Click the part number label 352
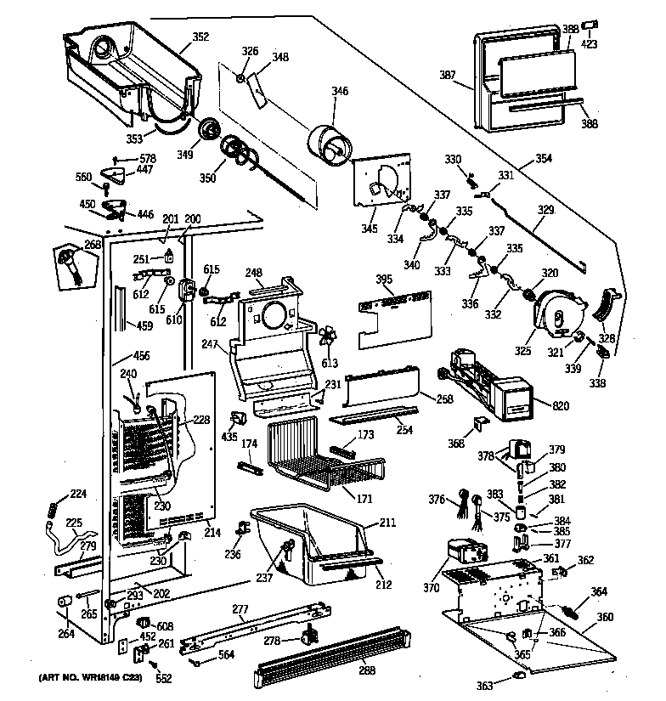pyautogui.click(x=200, y=37)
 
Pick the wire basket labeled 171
pyautogui.click(x=319, y=459)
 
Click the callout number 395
pyautogui.click(x=383, y=279)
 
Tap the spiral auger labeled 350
pyautogui.click(x=237, y=154)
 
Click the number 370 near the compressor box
pyautogui.click(x=431, y=586)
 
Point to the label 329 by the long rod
pyautogui.click(x=545, y=208)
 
